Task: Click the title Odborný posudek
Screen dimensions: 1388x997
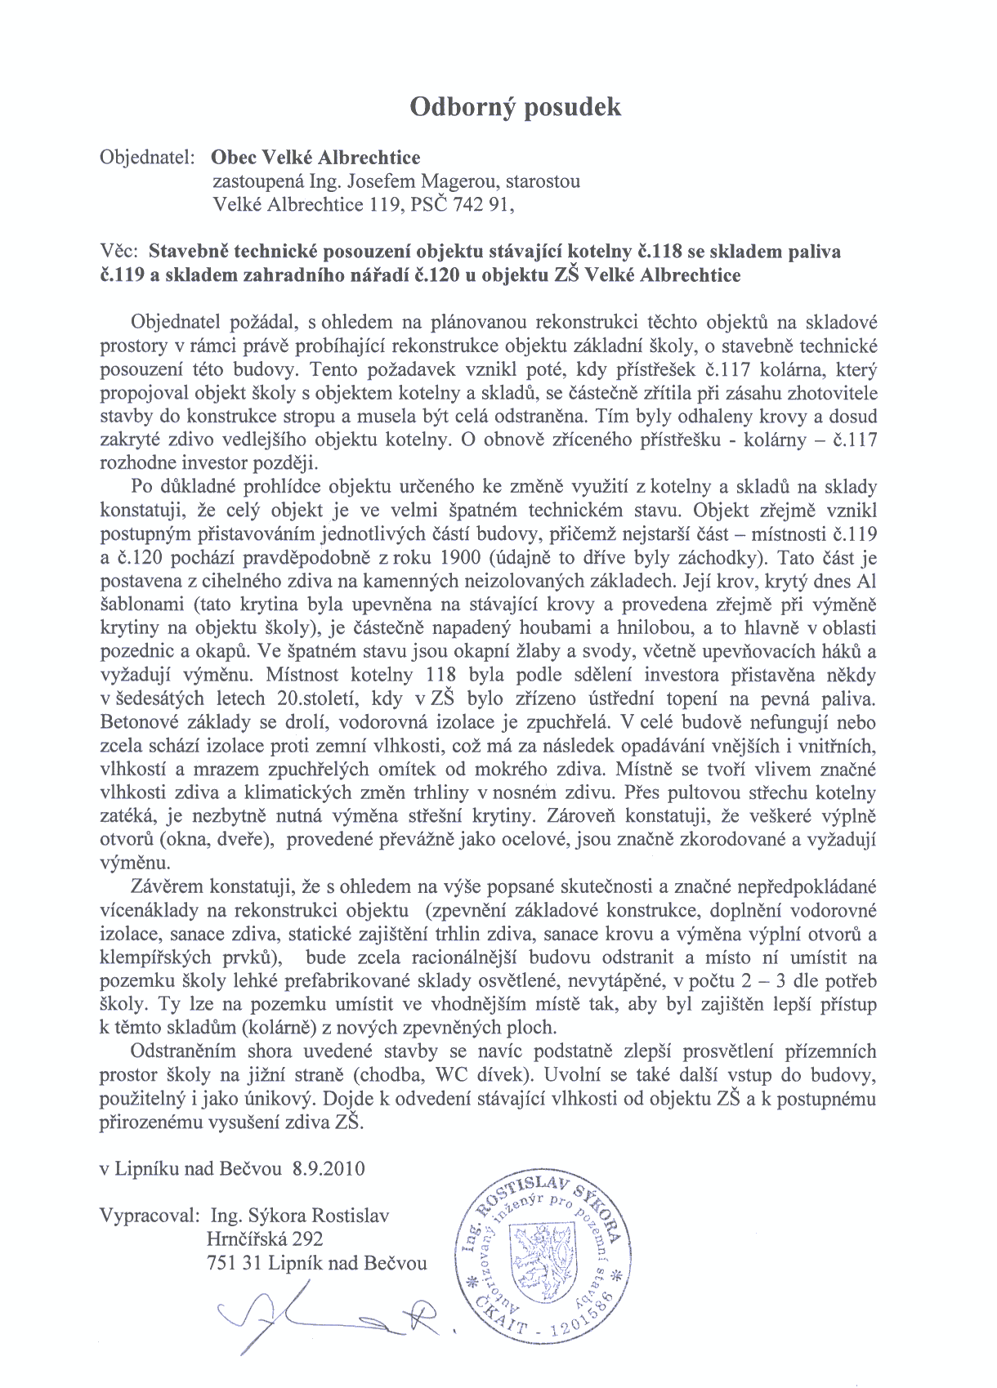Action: click(x=515, y=107)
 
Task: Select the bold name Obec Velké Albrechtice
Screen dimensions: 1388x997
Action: click(x=315, y=158)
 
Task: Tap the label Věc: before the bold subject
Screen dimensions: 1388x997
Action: click(x=121, y=251)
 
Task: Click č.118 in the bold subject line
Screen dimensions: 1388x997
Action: click(x=664, y=251)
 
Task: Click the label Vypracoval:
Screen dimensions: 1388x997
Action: click(x=149, y=1216)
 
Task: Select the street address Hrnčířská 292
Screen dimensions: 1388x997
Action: click(x=265, y=1239)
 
